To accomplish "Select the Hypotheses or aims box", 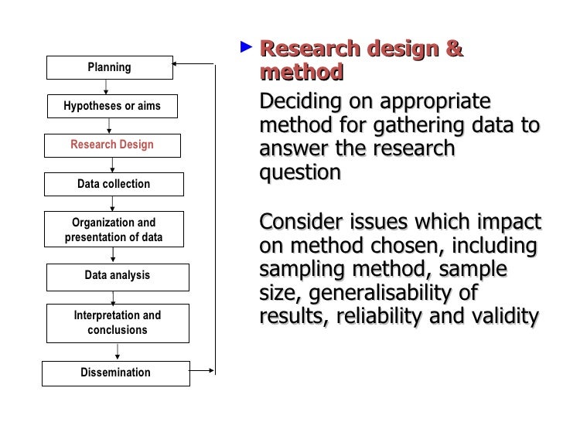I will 112,106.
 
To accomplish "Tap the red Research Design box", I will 112,145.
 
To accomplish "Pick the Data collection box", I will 114,184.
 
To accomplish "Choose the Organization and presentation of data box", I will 114,230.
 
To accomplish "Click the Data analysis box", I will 117,275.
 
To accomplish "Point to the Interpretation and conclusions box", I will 117,322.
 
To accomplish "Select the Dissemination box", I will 115,373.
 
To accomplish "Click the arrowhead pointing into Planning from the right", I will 176,62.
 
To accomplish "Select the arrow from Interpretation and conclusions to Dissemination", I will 118,352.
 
